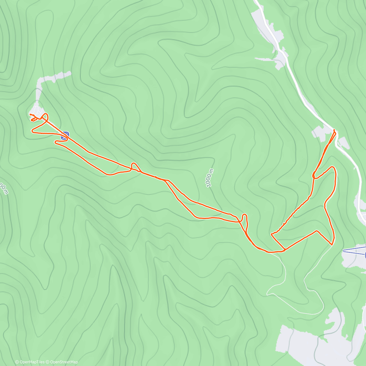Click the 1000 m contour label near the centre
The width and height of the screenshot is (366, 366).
tap(209, 178)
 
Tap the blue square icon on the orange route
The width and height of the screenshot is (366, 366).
tap(65, 136)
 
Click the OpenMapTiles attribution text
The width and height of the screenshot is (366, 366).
tap(30, 362)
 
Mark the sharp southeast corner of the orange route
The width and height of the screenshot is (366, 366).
tap(332, 245)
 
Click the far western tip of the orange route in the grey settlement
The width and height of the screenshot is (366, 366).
tap(30, 114)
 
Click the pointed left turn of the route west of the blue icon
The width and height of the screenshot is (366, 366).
tap(32, 131)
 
